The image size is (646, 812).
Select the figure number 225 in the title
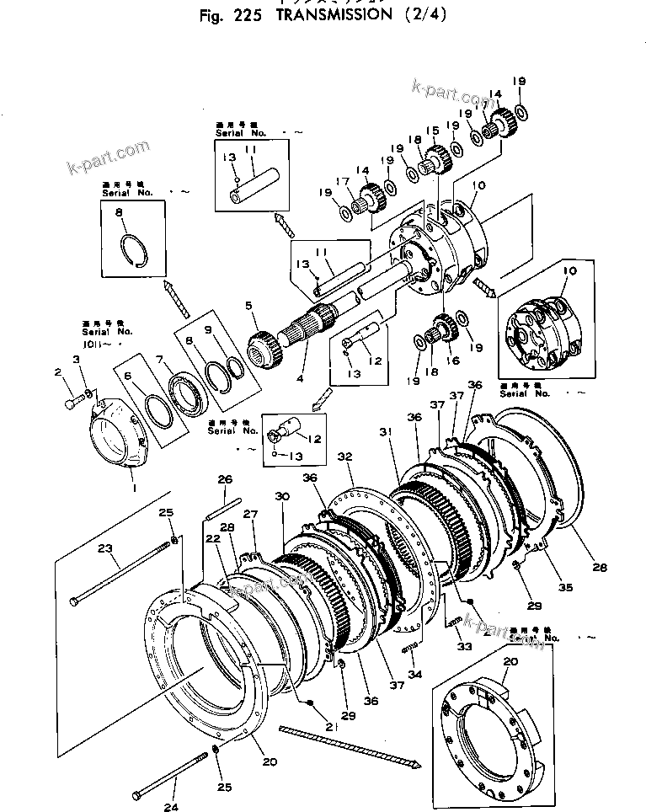(x=248, y=15)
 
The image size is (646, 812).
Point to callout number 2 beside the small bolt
(x=58, y=371)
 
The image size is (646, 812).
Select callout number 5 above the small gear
(x=248, y=305)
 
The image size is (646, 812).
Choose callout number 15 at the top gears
(x=433, y=131)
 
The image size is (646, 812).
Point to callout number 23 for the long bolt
(x=105, y=548)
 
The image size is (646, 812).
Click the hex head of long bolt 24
(x=139, y=796)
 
